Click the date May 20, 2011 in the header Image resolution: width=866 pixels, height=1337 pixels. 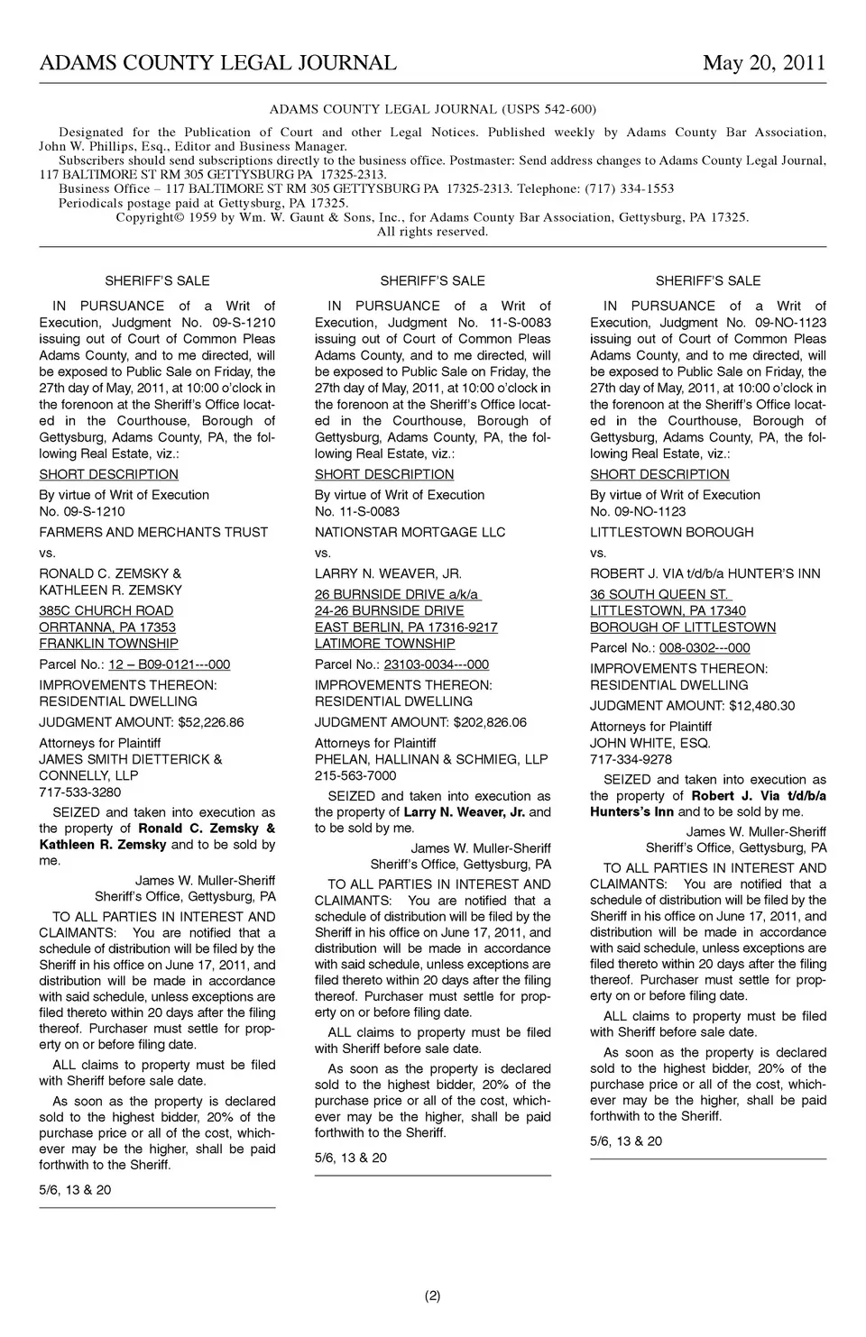click(764, 63)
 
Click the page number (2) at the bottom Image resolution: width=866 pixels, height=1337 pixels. click(432, 1296)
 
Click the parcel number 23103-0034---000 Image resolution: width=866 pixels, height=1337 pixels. click(436, 664)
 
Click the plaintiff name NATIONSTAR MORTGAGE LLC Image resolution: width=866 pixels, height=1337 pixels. click(410, 533)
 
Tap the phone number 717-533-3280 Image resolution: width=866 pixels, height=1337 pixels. click(79, 792)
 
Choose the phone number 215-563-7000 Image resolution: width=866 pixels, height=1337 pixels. click(355, 775)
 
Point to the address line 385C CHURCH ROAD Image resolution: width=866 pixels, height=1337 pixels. click(106, 611)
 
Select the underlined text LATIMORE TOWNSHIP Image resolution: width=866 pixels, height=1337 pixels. click(384, 644)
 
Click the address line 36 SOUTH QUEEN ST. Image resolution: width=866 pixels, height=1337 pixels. click(659, 595)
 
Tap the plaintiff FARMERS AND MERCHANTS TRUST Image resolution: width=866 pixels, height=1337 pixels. click(153, 533)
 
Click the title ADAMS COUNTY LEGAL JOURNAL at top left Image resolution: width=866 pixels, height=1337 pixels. click(217, 63)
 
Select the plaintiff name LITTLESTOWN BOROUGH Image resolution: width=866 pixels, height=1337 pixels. click(671, 533)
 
